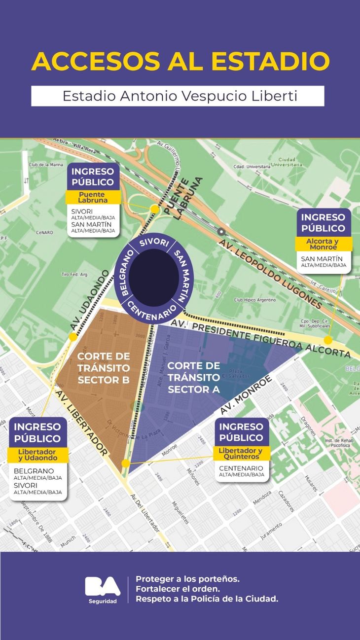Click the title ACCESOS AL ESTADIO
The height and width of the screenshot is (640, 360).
(x=180, y=61)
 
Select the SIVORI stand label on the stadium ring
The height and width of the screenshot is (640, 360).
(x=154, y=244)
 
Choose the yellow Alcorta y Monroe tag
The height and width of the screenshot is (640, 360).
(x=324, y=244)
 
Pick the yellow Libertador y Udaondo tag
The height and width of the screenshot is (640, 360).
(x=37, y=455)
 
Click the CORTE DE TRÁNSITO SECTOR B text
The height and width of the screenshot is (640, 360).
(x=104, y=368)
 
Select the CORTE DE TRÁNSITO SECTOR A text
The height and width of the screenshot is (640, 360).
(x=194, y=377)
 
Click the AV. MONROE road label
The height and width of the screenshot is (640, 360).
(x=246, y=394)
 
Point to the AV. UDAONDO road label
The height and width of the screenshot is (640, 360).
(x=89, y=301)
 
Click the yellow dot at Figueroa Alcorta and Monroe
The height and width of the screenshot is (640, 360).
(x=328, y=340)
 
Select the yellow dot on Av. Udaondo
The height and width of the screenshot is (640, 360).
(x=73, y=337)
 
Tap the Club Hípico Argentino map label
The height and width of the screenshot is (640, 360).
(x=255, y=300)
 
